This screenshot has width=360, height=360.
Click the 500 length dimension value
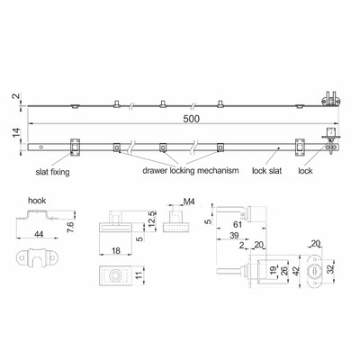pos(191,119)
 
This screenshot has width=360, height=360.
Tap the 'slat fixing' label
pos(52,172)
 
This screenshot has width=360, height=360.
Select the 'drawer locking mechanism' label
pos(191,170)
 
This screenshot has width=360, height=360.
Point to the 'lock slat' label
pos(266,171)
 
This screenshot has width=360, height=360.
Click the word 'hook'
pos(37,201)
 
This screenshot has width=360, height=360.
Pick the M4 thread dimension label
pos(189,202)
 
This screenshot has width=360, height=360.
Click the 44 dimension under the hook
pos(39,234)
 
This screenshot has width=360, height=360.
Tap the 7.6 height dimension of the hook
pos(70,228)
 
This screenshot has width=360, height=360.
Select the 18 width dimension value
pos(115,250)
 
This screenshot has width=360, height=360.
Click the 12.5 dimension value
pos(152,219)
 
